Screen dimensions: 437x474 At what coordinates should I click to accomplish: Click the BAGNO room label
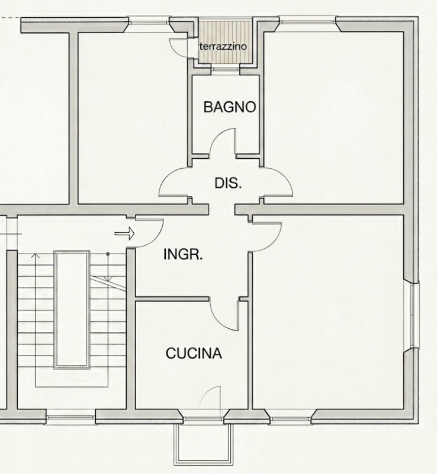coord(230,107)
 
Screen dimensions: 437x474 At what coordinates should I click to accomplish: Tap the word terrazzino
coord(223,47)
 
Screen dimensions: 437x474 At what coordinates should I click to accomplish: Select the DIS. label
coord(228,183)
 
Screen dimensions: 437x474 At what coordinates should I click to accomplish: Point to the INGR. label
coord(183,254)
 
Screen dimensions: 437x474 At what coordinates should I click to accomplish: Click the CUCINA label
coord(194,353)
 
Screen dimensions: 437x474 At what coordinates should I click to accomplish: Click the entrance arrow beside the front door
coord(124,233)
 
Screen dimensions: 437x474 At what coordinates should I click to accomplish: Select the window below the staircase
coord(70,418)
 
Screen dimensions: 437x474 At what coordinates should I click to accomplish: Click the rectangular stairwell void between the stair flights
coord(72,310)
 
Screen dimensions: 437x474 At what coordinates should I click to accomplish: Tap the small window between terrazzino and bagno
coord(225,69)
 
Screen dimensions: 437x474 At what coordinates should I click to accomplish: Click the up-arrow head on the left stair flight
coord(36,257)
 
